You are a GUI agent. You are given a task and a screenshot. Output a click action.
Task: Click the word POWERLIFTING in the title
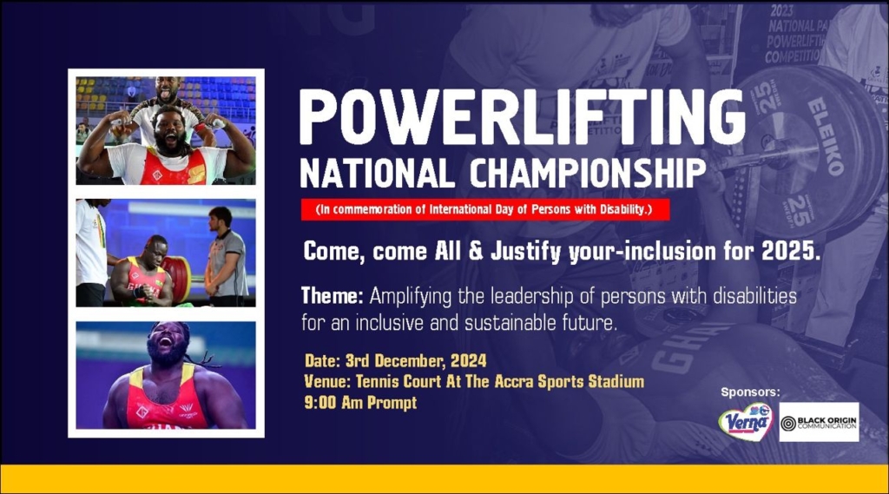pos(522,117)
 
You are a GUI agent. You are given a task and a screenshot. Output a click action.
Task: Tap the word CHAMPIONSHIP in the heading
pos(588,173)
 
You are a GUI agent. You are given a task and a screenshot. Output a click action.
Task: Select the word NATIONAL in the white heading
pos(378,173)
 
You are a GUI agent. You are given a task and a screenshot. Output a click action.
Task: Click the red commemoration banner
pos(484,209)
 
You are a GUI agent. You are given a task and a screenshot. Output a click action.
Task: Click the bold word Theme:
pos(333,295)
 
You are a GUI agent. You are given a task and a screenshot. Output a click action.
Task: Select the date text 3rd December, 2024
pos(416,360)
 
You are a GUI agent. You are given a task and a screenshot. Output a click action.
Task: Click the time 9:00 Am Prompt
pos(360,403)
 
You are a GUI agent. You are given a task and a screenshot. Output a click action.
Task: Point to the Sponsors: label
pos(750,392)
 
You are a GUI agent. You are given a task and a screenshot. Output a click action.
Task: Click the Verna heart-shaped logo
pos(746,422)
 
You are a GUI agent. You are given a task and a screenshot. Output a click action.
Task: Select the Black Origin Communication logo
pos(819,422)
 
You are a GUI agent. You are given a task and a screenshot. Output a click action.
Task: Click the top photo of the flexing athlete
pos(166,130)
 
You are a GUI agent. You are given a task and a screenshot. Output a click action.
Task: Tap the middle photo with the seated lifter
pos(166,253)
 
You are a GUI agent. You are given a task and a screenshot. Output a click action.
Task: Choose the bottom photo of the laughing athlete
pos(166,375)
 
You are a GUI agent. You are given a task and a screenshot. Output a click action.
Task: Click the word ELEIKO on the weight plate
pos(826,135)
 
